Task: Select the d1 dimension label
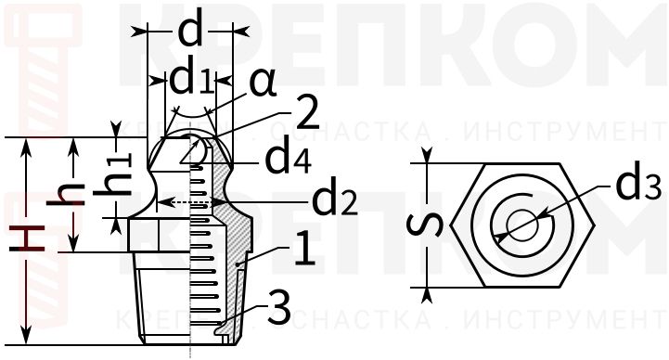click(191, 81)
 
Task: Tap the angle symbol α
click(263, 83)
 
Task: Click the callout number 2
click(303, 114)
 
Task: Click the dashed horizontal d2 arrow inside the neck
click(191, 200)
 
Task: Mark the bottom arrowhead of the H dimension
click(28, 339)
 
